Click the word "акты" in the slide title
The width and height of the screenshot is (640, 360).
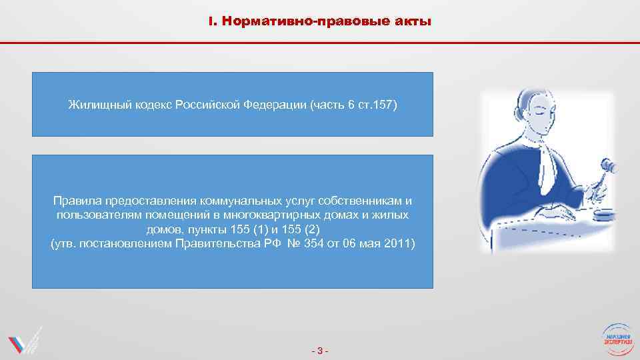(414, 22)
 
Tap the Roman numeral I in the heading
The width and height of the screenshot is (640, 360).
(211, 22)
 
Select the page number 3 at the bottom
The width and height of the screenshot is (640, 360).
(320, 351)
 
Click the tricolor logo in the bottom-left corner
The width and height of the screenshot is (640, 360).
(24, 341)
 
